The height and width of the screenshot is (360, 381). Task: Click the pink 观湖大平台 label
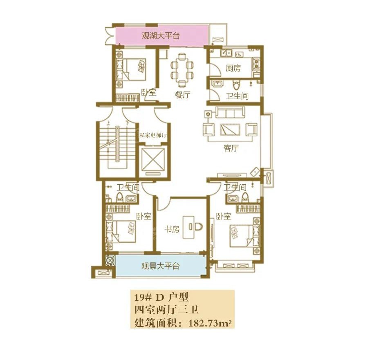tap(161, 36)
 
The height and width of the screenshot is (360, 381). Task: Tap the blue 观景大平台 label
tap(160, 266)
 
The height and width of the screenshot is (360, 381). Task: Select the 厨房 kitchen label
tap(233, 68)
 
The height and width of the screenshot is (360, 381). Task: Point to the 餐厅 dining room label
tap(183, 94)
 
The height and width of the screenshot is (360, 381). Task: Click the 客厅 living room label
tap(231, 148)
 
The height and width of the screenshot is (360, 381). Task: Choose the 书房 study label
tap(172, 229)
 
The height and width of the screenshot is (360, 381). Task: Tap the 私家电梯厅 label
tap(153, 135)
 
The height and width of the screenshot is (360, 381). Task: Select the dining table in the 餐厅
tap(182, 69)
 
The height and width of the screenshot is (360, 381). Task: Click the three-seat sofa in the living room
tap(230, 112)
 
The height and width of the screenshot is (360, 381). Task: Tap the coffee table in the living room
tap(230, 130)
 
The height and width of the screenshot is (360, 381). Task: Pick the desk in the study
tap(190, 227)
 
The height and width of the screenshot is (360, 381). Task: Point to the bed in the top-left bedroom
tap(134, 69)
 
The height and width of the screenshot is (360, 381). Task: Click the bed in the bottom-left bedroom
tap(124, 232)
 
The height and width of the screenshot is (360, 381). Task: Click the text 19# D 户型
tap(161, 297)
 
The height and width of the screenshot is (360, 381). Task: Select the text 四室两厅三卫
tap(166, 310)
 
